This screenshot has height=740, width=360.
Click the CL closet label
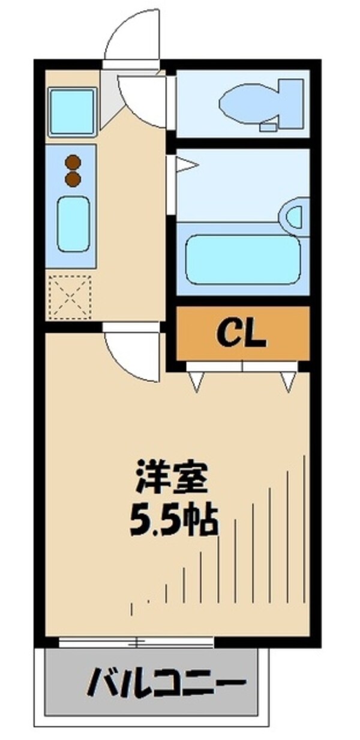(x=241, y=335)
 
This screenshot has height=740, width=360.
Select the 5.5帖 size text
(x=173, y=522)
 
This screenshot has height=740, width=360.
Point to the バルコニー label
(x=167, y=682)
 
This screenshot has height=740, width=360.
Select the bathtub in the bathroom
(x=243, y=260)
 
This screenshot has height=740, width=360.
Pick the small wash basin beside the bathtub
(x=295, y=216)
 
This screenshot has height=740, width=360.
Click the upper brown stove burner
(x=73, y=162)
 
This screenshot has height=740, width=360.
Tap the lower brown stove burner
(x=73, y=178)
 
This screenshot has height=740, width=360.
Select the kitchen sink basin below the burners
(x=73, y=224)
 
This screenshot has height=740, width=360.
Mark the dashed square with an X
(x=70, y=296)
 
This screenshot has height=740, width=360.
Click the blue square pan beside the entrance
(x=72, y=112)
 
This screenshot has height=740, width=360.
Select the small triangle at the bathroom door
(x=184, y=164)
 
